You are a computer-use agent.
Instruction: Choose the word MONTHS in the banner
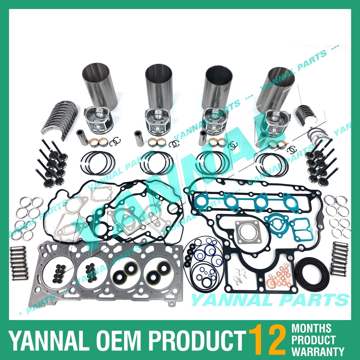[x=311, y=328]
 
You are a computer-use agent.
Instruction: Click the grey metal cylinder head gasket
[x=104, y=274]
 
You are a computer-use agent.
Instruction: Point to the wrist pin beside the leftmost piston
[x=82, y=138]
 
